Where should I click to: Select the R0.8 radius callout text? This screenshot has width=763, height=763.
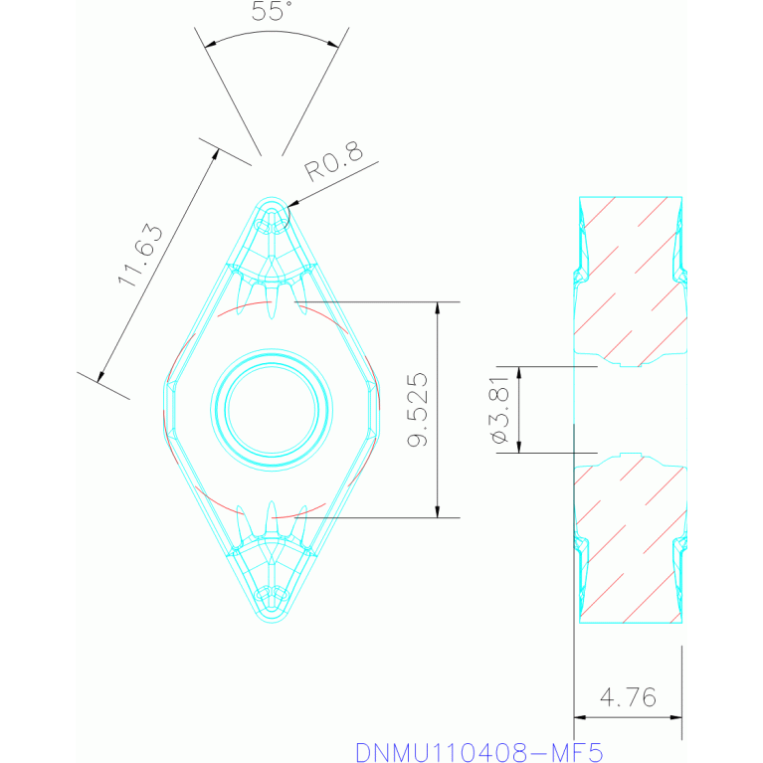tap(332, 162)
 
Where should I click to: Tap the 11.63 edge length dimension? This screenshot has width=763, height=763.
tap(140, 256)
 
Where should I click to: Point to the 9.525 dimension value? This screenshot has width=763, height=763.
tap(418, 409)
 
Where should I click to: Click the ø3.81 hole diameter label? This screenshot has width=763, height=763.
tap(500, 410)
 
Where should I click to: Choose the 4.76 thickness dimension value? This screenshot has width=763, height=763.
tap(629, 697)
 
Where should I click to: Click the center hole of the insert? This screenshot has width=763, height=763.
tap(272, 408)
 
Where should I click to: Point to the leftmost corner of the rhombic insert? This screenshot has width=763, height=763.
tap(164, 409)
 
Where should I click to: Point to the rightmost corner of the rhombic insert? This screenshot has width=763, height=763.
tap(379, 409)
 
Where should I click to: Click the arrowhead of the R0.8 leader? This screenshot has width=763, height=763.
tap(289, 207)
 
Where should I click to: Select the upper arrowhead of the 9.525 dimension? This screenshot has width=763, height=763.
tap(438, 306)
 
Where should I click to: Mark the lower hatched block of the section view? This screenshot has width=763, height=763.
tap(629, 542)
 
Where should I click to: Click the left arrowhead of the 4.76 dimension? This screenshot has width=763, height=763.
tap(580, 716)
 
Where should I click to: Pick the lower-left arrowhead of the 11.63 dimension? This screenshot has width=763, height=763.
tap(100, 377)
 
